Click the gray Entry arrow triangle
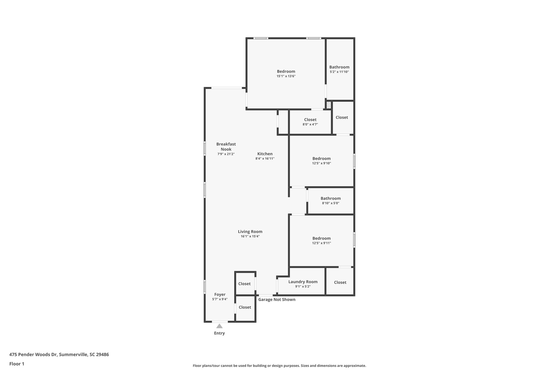pos(219,326)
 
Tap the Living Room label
pos(250,232)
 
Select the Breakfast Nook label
pos(226,146)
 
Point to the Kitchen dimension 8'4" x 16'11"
pos(265,158)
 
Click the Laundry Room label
pos(303,282)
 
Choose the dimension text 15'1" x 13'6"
pos(286,76)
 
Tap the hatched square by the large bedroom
pos(329,105)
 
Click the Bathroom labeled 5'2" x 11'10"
pos(339,67)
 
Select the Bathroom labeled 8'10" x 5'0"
pos(331,199)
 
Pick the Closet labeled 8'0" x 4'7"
pos(310,120)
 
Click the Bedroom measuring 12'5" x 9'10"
pos(321,158)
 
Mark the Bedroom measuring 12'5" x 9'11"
pos(321,238)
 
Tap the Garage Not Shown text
pos(276,299)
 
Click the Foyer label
pos(220,294)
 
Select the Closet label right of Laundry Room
pos(340,282)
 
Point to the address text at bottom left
pos(59,355)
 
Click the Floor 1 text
pos(17,364)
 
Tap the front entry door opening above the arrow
pos(220,322)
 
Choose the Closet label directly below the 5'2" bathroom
pos(341,118)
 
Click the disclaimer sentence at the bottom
pos(279,366)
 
